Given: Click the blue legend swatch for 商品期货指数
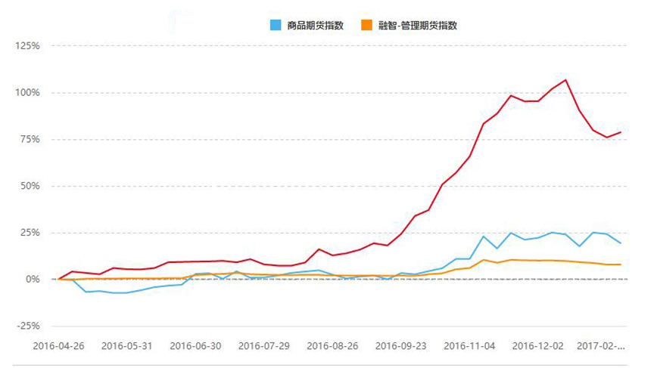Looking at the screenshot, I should pos(276,25).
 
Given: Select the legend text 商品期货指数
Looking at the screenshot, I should pos(316,25).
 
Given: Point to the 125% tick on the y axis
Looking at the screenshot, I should pos(27,45).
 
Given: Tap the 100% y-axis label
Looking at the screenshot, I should pos(27,92).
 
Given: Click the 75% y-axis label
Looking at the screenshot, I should pos(30,139).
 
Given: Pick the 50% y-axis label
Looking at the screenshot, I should pos(30,186).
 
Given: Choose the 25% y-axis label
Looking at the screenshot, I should pos(30,232).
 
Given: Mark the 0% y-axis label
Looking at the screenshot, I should pos(33,279).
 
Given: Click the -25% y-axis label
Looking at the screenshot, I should pos(28,326).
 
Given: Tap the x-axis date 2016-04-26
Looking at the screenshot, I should pos(59,346).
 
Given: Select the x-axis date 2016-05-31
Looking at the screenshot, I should pos(127,346).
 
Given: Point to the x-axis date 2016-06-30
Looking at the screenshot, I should pos(195,346).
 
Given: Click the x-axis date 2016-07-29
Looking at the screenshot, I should pos(264,346).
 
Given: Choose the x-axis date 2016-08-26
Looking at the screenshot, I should pos(332,346).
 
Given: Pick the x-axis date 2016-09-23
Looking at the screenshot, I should pos(400,346).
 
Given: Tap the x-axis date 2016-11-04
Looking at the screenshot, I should pos(469,346).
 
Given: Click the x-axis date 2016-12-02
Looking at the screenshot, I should pos(537,346).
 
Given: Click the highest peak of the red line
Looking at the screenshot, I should pos(565,79).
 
